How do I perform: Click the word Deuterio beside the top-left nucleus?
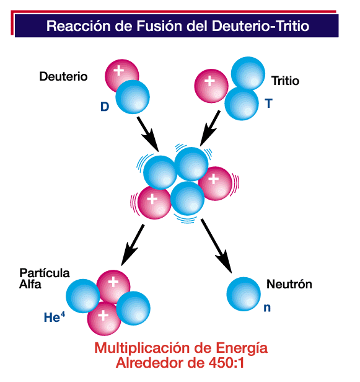[x=63, y=76]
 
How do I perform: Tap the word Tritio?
[x=285, y=81]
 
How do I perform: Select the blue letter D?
[x=105, y=107]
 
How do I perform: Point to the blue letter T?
[x=269, y=104]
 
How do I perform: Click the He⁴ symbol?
[x=55, y=317]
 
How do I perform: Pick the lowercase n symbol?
[x=267, y=308]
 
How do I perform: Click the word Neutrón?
[x=289, y=284]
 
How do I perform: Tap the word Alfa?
[x=30, y=284]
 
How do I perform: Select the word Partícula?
[x=45, y=273]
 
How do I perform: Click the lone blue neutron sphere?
[x=244, y=294]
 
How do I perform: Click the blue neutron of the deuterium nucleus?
[x=133, y=97]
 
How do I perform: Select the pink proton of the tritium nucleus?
[x=211, y=86]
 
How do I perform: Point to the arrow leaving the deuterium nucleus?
[x=148, y=134]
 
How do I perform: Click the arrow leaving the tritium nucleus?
[x=210, y=128]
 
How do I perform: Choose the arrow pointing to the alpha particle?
[x=133, y=245]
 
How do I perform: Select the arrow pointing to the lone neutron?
[x=216, y=246]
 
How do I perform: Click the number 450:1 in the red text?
[x=226, y=363]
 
